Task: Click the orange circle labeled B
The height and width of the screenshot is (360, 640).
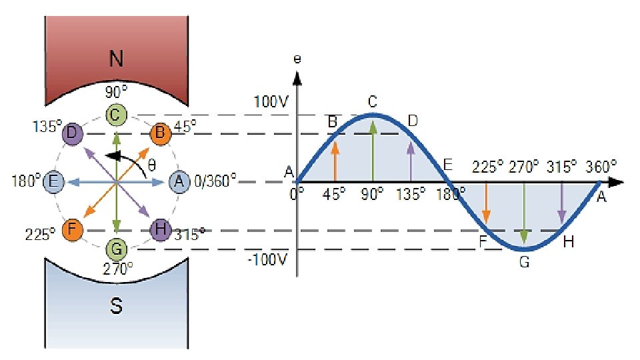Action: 160,134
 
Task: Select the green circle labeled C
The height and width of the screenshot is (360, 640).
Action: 116,115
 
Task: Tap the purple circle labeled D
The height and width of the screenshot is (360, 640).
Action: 72,134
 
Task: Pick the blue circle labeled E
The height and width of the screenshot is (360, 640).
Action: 55,181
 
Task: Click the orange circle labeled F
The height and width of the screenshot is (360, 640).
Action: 71,230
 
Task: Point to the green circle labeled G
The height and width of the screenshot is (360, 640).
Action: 116,249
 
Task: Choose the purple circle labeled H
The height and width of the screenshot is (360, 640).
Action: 160,230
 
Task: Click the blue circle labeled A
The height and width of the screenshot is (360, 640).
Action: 178,181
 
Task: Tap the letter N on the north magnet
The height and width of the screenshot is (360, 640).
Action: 116,60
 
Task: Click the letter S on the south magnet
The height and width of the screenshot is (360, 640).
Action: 116,306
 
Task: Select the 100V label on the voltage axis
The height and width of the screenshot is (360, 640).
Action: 270,103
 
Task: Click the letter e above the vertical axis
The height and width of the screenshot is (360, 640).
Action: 297,59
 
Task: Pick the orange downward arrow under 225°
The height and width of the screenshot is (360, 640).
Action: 487,203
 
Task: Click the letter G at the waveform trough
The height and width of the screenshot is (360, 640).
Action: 524,262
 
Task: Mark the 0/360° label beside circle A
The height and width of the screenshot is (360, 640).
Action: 214,181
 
